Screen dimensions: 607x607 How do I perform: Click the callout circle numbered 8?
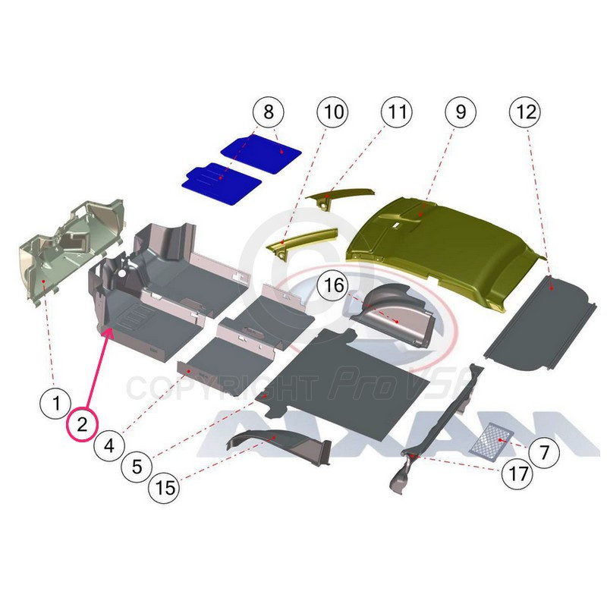[x=269, y=112]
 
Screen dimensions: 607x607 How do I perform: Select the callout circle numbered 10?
[x=332, y=112]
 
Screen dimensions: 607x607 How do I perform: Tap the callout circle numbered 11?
[x=397, y=112]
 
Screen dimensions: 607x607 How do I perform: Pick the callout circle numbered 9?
[x=461, y=112]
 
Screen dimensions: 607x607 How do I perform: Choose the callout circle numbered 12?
[x=525, y=112]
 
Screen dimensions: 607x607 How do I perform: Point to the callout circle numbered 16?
[x=333, y=286]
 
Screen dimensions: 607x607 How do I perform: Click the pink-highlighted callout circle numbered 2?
[x=82, y=424]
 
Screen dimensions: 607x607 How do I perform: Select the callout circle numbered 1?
[x=55, y=403]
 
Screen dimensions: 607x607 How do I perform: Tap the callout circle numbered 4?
[x=109, y=445]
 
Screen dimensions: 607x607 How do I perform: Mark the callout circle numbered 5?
[x=137, y=467]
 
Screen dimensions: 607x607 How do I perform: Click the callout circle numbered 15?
[x=165, y=487]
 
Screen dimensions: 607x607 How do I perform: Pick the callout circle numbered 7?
[x=544, y=451]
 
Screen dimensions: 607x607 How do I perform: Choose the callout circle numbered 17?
[x=517, y=473]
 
